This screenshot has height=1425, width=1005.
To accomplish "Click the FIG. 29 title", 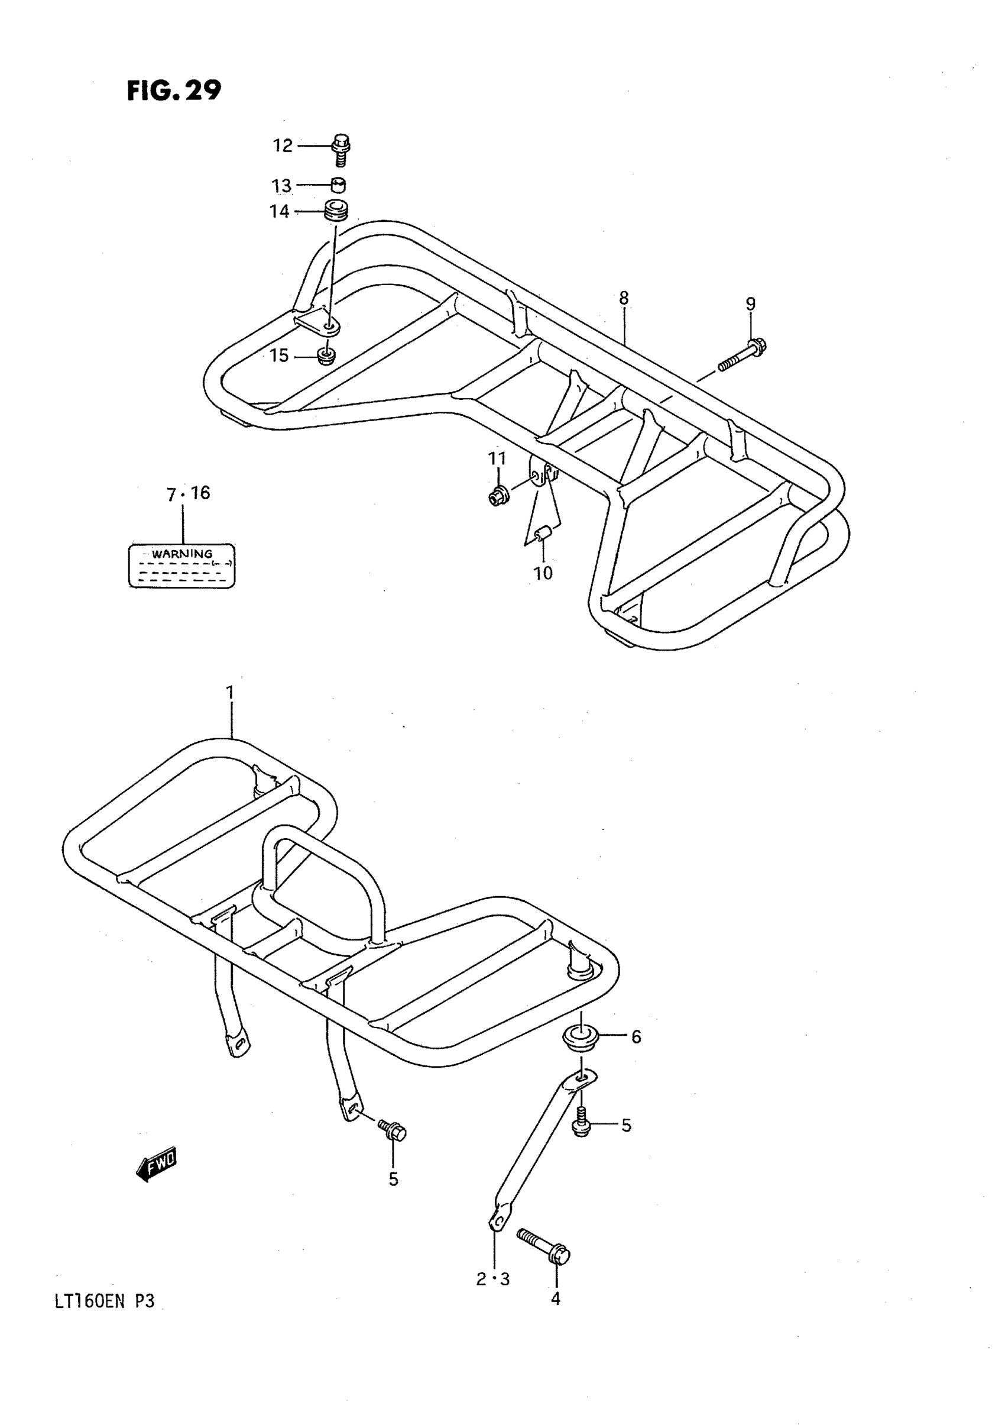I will point(174,91).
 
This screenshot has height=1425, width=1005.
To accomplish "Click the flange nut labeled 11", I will point(498,496).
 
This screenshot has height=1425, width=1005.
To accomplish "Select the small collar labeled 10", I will point(544,533).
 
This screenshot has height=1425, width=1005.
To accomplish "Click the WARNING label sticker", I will point(181,566).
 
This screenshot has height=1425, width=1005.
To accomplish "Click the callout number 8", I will point(624,299).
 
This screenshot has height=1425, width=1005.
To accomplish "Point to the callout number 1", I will point(230,692).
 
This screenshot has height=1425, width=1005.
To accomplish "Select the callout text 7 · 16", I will point(188,493).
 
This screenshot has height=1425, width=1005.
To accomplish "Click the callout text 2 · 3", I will point(492,1279).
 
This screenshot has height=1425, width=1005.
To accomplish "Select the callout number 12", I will point(282,146).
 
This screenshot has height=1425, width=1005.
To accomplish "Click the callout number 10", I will point(543,573).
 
